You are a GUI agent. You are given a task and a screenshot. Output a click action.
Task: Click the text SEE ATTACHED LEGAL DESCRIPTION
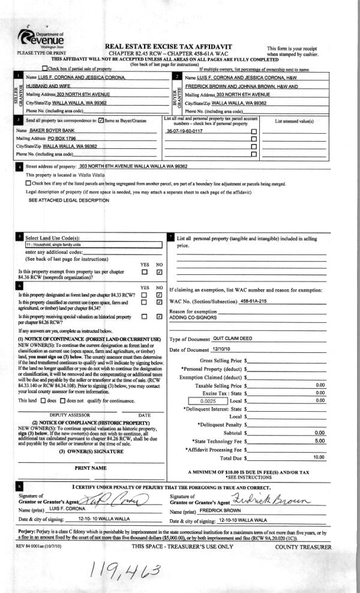61,199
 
